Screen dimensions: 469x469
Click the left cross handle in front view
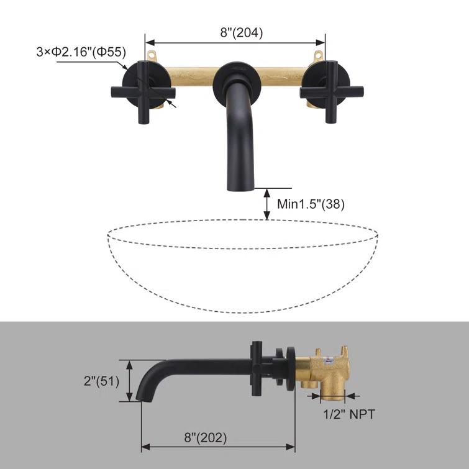click(143, 93)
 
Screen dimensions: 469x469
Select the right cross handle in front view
click(326, 93)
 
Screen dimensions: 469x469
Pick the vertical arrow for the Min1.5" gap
click(267, 203)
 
